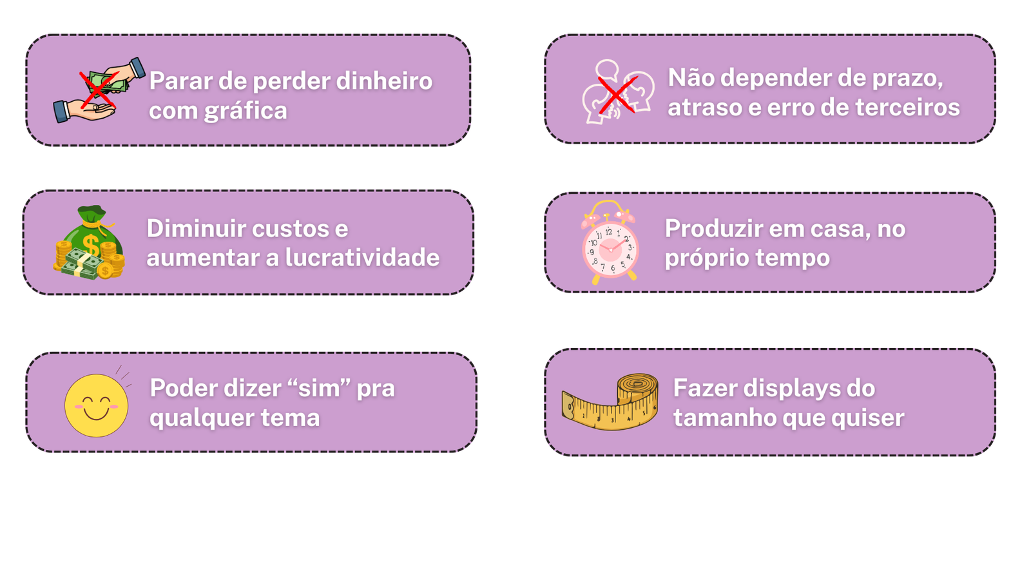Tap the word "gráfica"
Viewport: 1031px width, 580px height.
click(246, 111)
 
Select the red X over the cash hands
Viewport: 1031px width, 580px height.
click(98, 90)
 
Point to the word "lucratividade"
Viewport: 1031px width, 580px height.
click(362, 258)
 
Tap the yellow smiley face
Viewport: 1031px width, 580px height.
click(96, 405)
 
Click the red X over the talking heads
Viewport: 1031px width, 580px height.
click(617, 95)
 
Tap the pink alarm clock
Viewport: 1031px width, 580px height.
click(610, 243)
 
